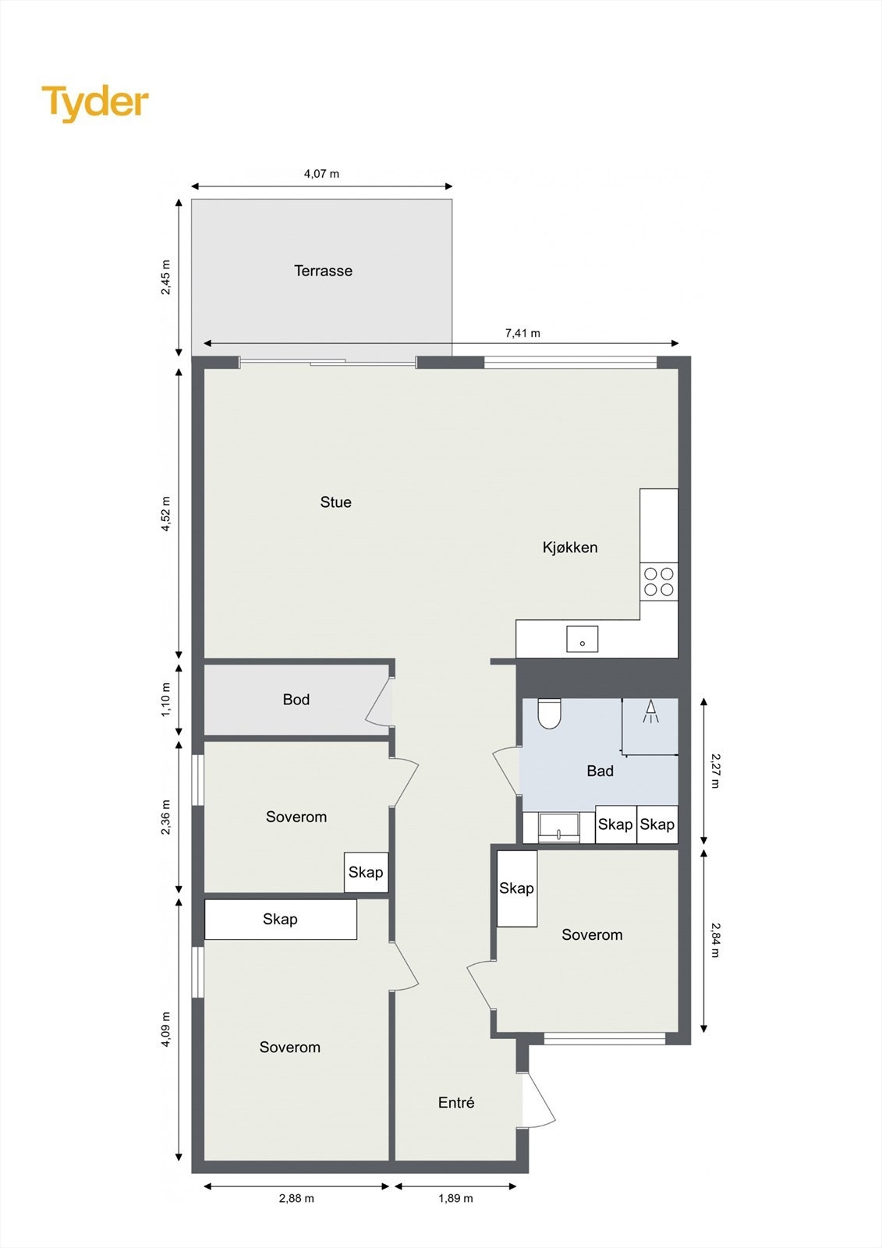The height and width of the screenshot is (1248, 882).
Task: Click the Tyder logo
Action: (x=95, y=103)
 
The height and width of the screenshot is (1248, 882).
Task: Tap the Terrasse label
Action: (x=323, y=271)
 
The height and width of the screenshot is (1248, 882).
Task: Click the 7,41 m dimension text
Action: (x=522, y=333)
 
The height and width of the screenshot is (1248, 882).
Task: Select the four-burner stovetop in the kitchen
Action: (x=658, y=582)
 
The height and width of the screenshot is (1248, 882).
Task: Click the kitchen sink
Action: (x=582, y=639)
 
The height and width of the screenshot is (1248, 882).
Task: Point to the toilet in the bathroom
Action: (x=550, y=713)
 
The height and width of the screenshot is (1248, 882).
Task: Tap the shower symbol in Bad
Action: (x=650, y=711)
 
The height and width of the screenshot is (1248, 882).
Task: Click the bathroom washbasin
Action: (x=559, y=827)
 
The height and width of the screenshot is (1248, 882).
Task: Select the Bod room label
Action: (x=296, y=700)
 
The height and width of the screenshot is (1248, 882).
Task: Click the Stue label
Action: (x=335, y=502)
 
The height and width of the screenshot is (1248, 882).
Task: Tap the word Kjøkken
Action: (x=570, y=548)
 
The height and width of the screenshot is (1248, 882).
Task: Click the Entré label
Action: (x=456, y=1102)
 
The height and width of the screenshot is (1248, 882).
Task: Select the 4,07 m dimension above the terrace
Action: (x=321, y=174)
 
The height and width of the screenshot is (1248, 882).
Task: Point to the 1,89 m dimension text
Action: (x=455, y=1198)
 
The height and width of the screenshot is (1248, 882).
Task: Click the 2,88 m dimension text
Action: (x=296, y=1198)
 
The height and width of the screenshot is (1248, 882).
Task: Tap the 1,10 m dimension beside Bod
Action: (x=165, y=700)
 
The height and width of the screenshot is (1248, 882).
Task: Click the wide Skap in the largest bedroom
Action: (x=280, y=919)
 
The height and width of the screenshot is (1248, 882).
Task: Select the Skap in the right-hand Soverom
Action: (x=516, y=888)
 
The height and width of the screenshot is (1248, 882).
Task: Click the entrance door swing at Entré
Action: (x=537, y=1100)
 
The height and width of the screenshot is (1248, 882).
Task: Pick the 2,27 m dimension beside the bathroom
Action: (x=715, y=770)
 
